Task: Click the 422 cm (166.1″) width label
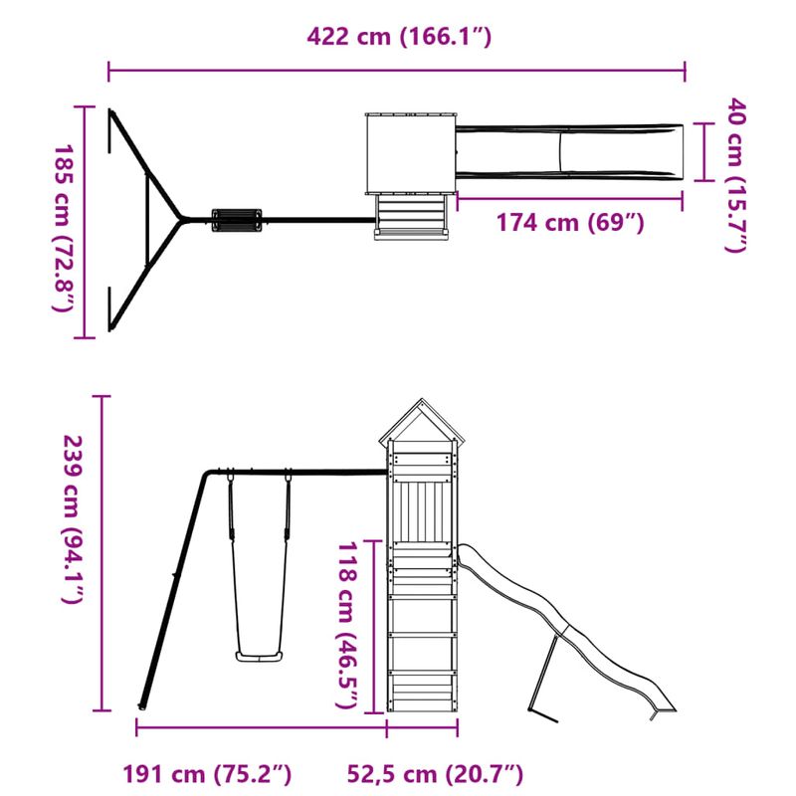tap(399, 38)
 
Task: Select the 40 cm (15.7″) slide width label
tap(735, 175)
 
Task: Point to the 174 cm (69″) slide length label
tap(570, 222)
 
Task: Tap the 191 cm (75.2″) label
tap(208, 773)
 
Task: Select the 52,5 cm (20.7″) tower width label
tap(436, 773)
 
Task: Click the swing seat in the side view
tap(259, 655)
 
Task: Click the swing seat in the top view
tap(236, 218)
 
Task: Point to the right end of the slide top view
tap(681, 151)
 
